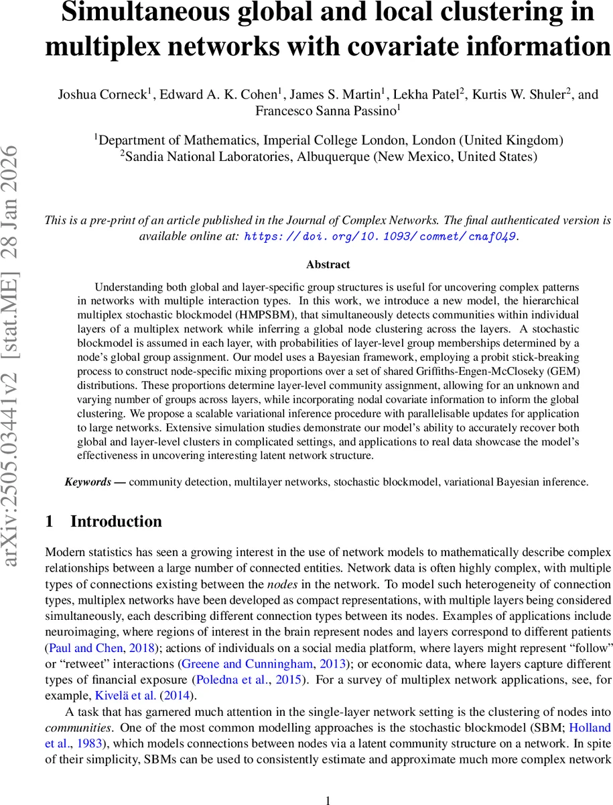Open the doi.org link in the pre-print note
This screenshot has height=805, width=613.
click(x=381, y=236)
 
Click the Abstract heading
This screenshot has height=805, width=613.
click(x=328, y=264)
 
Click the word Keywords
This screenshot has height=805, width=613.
click(x=88, y=482)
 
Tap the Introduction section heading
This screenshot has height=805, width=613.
click(x=115, y=522)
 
